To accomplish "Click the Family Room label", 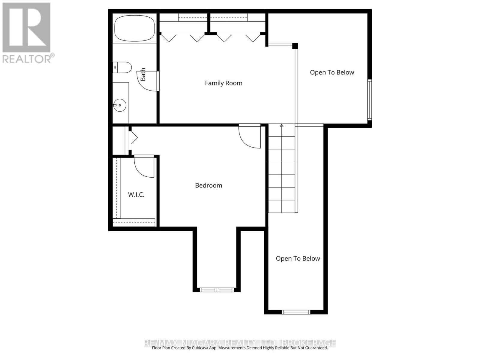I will pyautogui.click(x=223, y=83).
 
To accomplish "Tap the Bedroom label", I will pyautogui.click(x=208, y=185).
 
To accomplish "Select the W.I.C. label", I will pyautogui.click(x=136, y=194).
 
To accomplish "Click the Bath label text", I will pyautogui.click(x=143, y=74).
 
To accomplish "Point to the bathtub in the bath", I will pyautogui.click(x=135, y=28).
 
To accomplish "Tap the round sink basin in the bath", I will pyautogui.click(x=120, y=105).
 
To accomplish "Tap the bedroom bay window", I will pyautogui.click(x=217, y=290).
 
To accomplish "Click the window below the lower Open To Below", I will pyautogui.click(x=296, y=312).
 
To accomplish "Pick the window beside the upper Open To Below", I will pyautogui.click(x=370, y=100).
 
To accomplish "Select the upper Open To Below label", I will pyautogui.click(x=332, y=72).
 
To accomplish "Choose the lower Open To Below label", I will pyautogui.click(x=298, y=259).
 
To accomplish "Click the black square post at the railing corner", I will pyautogui.click(x=295, y=46).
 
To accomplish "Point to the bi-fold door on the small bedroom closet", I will pyautogui.click(x=133, y=139).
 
